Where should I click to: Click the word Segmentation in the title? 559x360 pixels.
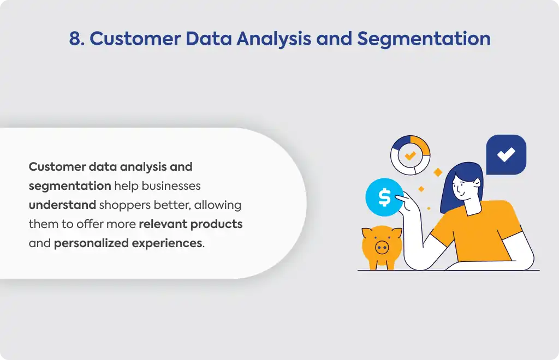coord(424,39)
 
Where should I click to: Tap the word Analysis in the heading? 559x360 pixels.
coord(274,39)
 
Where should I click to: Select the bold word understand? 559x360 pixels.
coord(62,205)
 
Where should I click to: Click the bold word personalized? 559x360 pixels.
coord(91,243)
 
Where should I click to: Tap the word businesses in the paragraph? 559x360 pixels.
coord(171,186)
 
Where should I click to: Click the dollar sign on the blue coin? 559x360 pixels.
coord(384,197)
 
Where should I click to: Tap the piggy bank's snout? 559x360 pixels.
coord(382,247)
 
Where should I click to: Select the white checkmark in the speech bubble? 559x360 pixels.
coord(506,154)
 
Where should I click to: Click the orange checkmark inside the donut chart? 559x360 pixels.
coord(411,155)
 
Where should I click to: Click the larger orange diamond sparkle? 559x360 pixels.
coord(438,172)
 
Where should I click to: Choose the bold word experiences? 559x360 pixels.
coord(167,244)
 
